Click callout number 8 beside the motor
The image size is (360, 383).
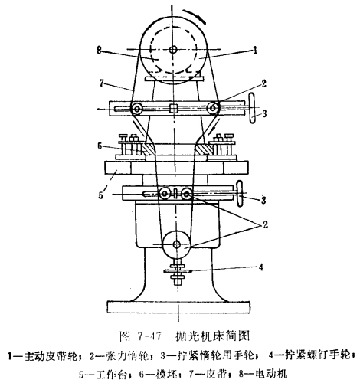click(x=100, y=50)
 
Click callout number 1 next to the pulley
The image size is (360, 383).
click(x=254, y=50)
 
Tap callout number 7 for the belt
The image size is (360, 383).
click(x=101, y=83)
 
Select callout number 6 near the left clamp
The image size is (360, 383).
click(x=100, y=146)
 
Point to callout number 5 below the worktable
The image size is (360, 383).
click(x=101, y=195)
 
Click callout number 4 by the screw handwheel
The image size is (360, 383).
click(x=260, y=267)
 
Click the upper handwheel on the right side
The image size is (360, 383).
click(x=252, y=109)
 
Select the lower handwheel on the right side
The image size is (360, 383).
click(x=240, y=193)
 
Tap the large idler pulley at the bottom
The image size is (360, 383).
click(x=176, y=244)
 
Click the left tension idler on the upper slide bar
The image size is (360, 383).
click(x=137, y=109)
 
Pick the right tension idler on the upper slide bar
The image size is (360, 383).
click(x=212, y=108)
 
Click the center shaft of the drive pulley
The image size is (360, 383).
click(x=173, y=49)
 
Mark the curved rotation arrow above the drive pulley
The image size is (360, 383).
click(x=194, y=15)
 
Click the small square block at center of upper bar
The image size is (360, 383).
click(x=173, y=108)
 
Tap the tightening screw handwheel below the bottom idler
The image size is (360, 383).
click(x=177, y=271)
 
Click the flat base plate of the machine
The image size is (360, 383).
click(x=178, y=307)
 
